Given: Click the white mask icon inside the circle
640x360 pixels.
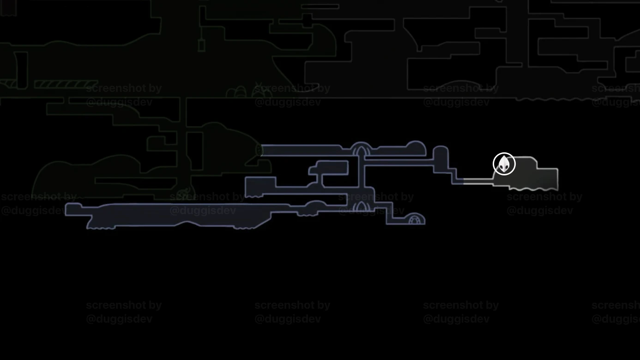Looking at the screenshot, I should (x=504, y=164).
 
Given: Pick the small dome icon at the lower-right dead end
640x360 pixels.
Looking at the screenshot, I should (x=416, y=219).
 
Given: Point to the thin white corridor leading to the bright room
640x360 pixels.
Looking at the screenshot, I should (x=477, y=181).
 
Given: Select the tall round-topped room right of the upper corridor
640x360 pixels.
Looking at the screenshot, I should (x=441, y=159).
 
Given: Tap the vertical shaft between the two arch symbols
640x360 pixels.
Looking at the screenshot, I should (x=361, y=178).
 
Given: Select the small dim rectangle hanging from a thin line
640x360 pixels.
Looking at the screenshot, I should (x=201, y=45).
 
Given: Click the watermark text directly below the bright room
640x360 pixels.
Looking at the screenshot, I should (x=544, y=204).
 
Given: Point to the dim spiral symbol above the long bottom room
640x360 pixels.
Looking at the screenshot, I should (x=185, y=193).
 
